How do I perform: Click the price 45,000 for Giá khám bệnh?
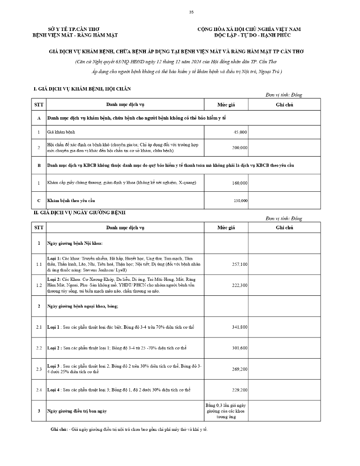click(240, 133)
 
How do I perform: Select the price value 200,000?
click(240, 148)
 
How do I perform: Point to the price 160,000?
click(240, 183)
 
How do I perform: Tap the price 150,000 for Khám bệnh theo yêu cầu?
click(240, 201)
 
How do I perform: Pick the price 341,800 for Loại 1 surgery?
click(240, 327)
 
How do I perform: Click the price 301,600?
click(240, 348)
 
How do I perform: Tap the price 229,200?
click(240, 390)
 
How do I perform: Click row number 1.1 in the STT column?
click(39, 264)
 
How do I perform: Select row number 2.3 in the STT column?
click(39, 369)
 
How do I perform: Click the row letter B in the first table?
click(39, 165)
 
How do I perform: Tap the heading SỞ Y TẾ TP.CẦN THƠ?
click(74, 29)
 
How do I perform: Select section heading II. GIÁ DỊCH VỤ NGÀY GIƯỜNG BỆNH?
click(79, 213)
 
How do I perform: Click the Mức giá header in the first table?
click(226, 105)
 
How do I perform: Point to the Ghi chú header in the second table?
click(284, 227)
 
